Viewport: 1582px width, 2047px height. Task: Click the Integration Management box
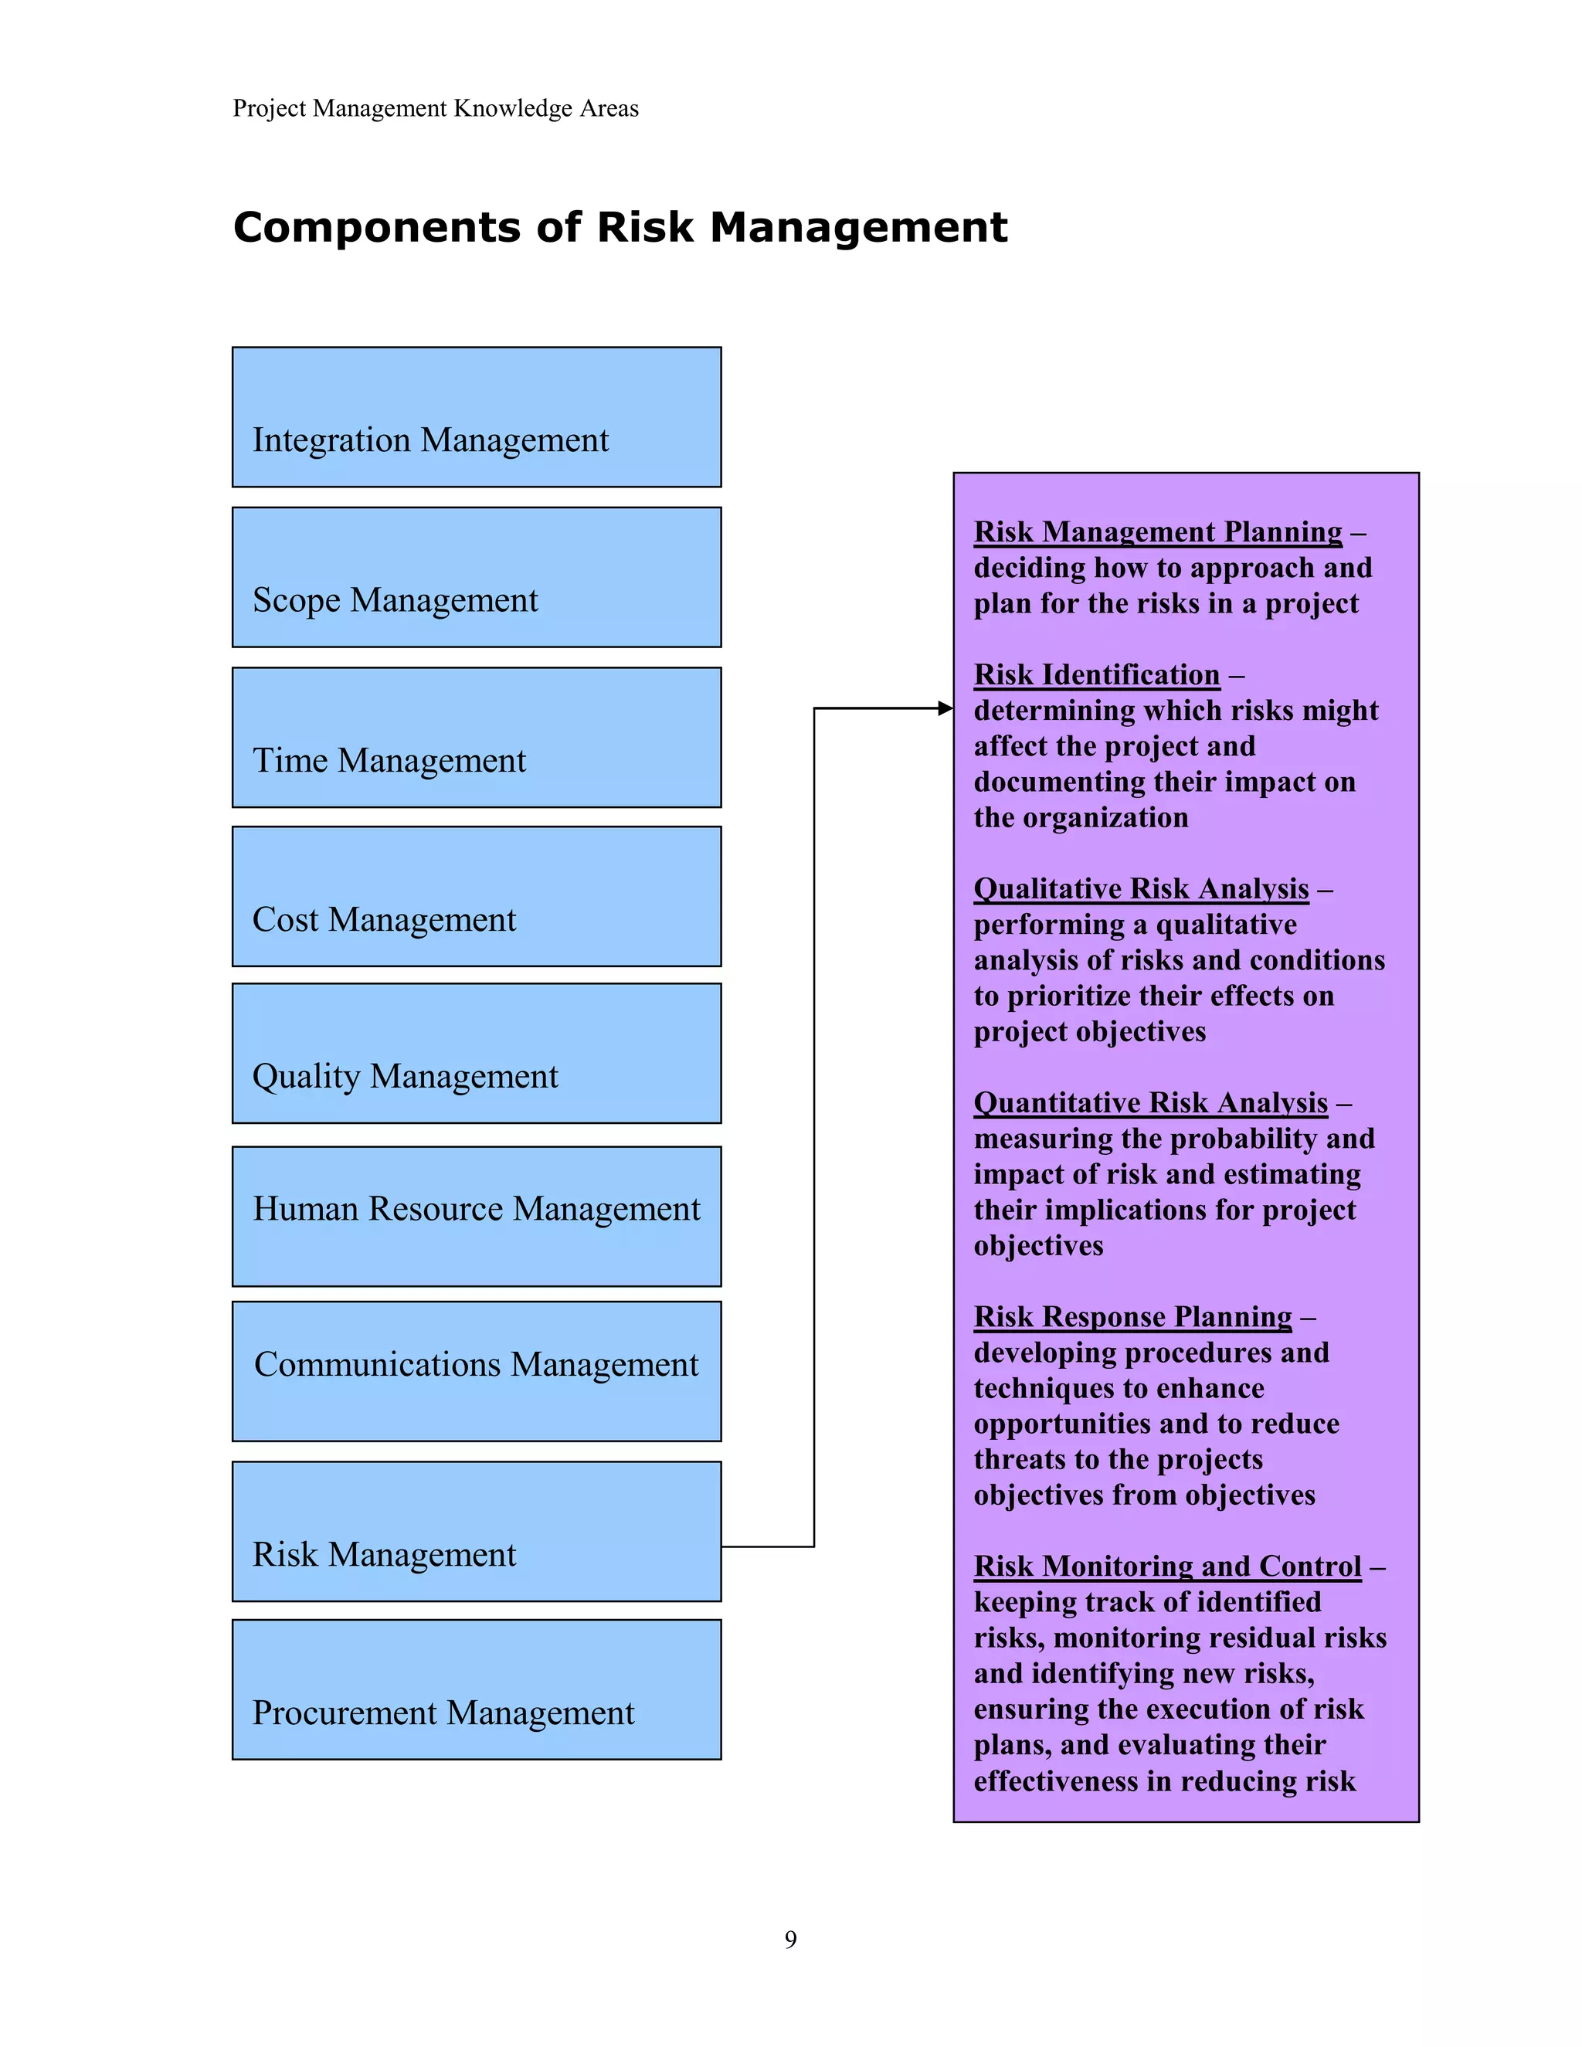point(476,417)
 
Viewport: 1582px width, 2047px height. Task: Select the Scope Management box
point(476,577)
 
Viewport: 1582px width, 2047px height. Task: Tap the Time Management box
point(476,738)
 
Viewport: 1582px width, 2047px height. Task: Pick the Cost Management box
point(476,897)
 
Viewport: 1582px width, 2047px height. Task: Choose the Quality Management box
point(476,1054)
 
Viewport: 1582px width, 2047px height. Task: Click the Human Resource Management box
point(476,1217)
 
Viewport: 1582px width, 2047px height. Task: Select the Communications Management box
point(476,1371)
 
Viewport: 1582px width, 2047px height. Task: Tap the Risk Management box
point(476,1532)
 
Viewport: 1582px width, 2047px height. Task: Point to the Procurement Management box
point(476,1690)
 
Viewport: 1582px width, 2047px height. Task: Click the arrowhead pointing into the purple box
point(945,708)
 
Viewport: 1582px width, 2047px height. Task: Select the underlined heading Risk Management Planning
point(1157,532)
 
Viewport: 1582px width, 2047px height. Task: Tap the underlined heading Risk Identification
point(1097,675)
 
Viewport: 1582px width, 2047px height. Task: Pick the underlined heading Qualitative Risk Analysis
point(1141,888)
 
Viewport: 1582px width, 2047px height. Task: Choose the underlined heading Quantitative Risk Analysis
point(1150,1103)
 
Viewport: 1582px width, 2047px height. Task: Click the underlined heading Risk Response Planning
point(1132,1317)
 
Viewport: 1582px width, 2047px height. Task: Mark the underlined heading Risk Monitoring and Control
point(1167,1567)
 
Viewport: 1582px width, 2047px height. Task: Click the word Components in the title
point(375,228)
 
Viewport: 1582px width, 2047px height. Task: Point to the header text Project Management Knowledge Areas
point(436,109)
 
